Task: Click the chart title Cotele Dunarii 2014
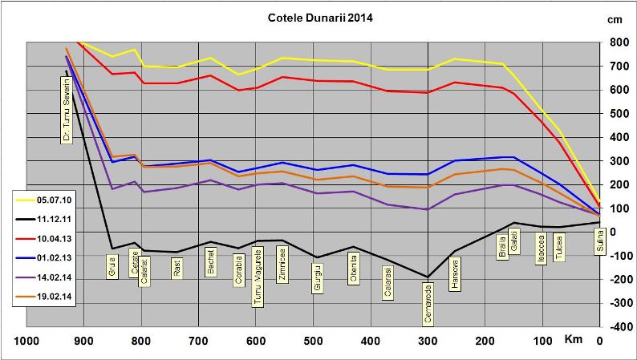(x=318, y=15)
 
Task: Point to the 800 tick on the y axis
(x=617, y=42)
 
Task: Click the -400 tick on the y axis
(x=617, y=327)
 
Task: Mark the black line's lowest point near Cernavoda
(x=428, y=277)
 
